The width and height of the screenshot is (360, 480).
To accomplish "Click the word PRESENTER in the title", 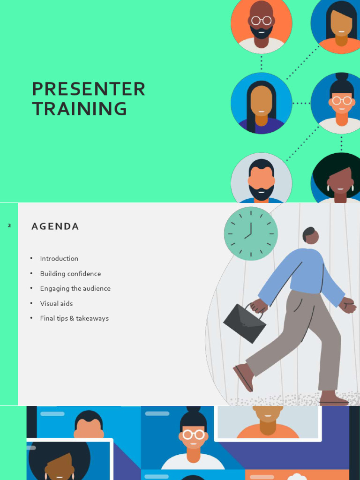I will point(89,89).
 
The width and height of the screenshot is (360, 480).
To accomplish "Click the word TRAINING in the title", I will point(80,109).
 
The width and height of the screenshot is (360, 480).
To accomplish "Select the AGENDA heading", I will point(55,226).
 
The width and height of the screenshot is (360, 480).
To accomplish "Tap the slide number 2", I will point(9,226).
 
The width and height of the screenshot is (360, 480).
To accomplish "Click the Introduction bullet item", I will point(59,259).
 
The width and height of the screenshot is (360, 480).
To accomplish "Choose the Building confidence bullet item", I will point(70,274).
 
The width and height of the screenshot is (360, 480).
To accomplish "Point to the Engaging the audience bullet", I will point(75,289).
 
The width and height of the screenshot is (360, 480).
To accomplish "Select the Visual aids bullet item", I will point(56,304).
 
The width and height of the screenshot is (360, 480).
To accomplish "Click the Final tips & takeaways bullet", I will point(74,319).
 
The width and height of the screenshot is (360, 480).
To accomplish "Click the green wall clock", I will point(251,233).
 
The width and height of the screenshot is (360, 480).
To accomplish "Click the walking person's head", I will point(310,235).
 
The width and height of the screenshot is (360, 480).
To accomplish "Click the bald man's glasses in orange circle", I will point(261,21).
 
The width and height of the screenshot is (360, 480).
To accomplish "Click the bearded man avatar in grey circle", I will point(261,180).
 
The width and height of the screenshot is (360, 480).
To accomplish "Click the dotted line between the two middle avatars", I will point(301,103).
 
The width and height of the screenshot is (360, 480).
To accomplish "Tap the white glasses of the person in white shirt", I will point(193,435).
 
